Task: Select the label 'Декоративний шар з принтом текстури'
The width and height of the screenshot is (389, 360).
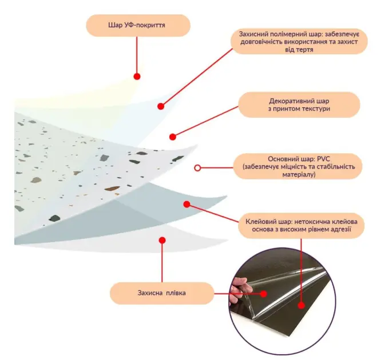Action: (299, 105)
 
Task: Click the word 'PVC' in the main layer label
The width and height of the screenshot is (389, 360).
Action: (324, 159)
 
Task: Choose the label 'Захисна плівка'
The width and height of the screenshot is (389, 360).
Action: (162, 293)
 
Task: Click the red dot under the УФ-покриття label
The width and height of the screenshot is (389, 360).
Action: (137, 77)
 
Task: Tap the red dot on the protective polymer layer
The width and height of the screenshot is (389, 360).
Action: (161, 106)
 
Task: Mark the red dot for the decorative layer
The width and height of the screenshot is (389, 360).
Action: (173, 137)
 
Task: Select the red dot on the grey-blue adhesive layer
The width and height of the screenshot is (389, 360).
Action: (187, 204)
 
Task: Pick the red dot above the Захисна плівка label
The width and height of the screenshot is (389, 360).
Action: (162, 241)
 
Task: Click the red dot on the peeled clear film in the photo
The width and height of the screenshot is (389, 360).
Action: (264, 294)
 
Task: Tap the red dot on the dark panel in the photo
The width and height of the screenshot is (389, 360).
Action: (301, 306)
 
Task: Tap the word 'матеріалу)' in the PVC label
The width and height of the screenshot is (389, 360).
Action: (299, 174)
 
